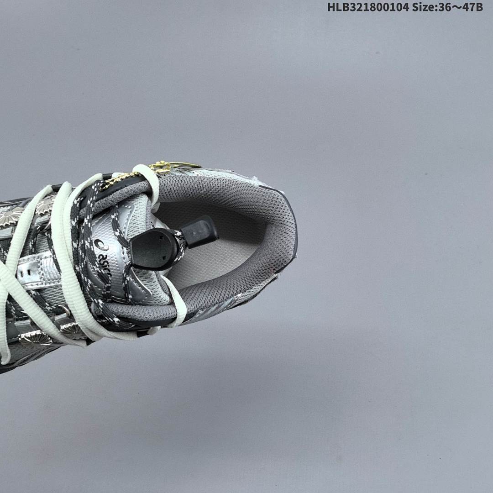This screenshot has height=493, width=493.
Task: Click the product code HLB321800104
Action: coord(368,6)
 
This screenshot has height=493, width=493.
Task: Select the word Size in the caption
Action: coord(423,6)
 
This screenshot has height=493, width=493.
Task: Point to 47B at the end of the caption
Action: coord(472,6)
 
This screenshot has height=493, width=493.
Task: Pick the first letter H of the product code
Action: coord(331,6)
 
